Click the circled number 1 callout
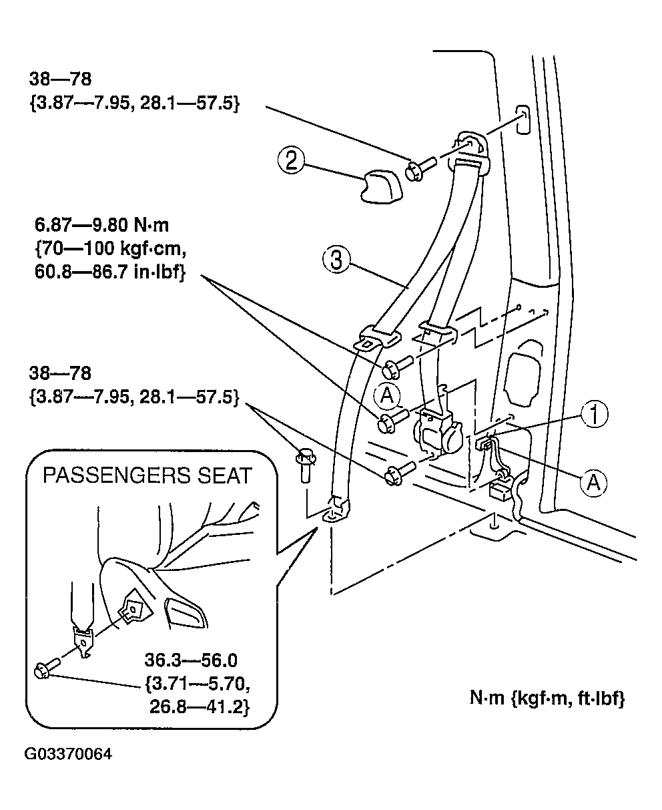point(593,415)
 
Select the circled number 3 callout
point(336,260)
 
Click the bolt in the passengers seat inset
point(47,666)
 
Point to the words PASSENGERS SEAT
point(147,475)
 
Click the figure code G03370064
point(69,755)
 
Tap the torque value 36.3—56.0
point(191,660)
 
